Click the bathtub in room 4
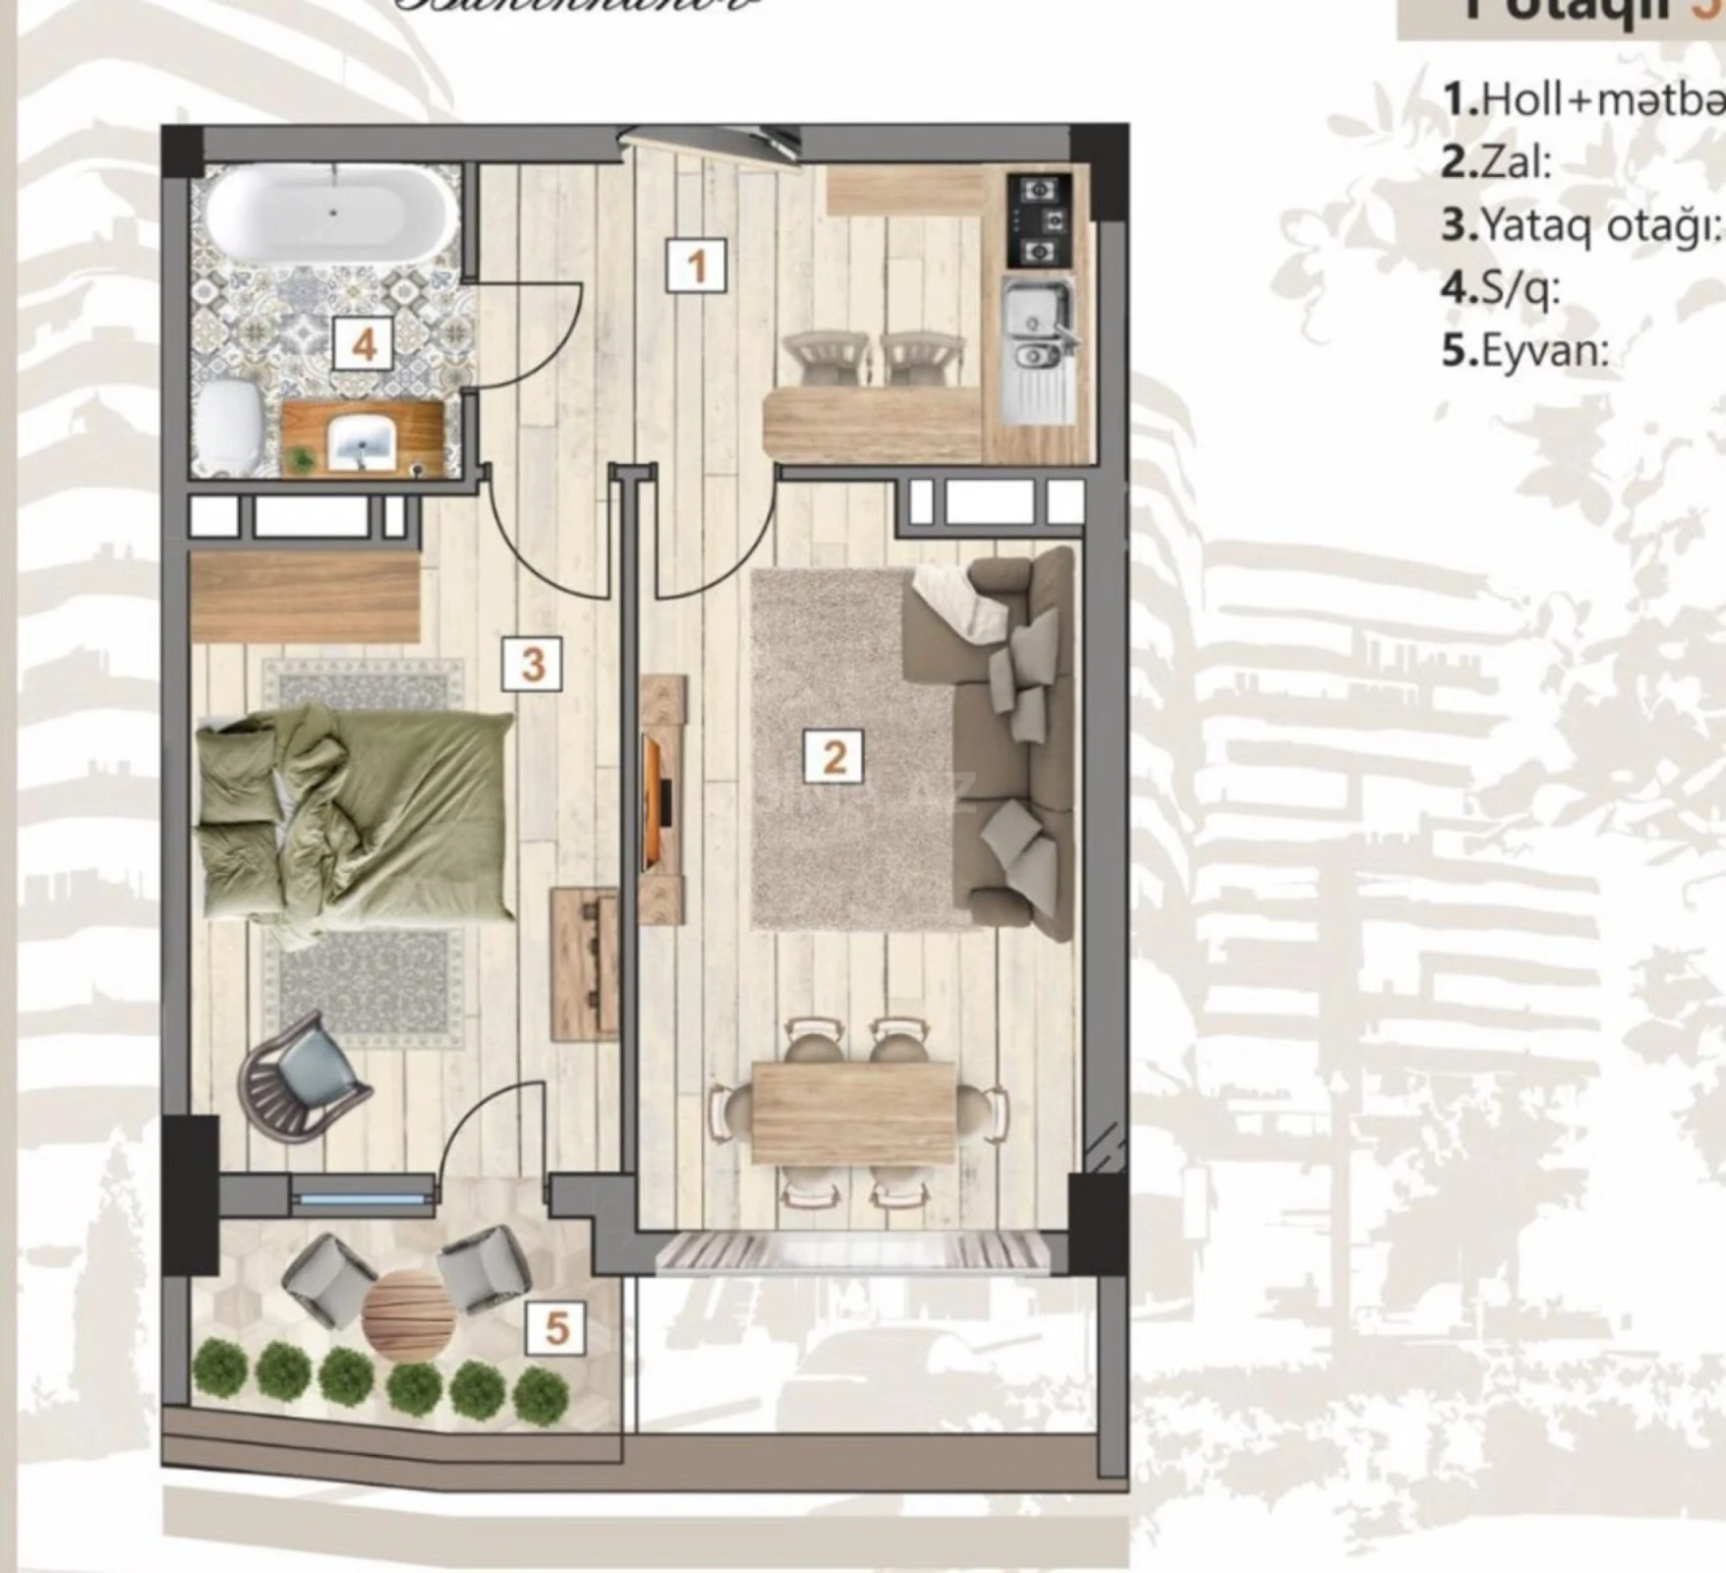click(x=332, y=212)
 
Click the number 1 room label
click(x=696, y=266)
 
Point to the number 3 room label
click(x=532, y=664)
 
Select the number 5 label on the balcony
click(x=556, y=1329)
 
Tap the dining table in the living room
click(x=853, y=1112)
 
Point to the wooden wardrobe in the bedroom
click(x=305, y=597)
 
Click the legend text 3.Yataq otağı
click(x=1581, y=225)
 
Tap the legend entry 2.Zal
click(x=1496, y=162)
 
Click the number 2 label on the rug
click(x=834, y=756)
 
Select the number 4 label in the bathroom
click(x=364, y=344)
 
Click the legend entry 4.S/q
click(x=1500, y=288)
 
